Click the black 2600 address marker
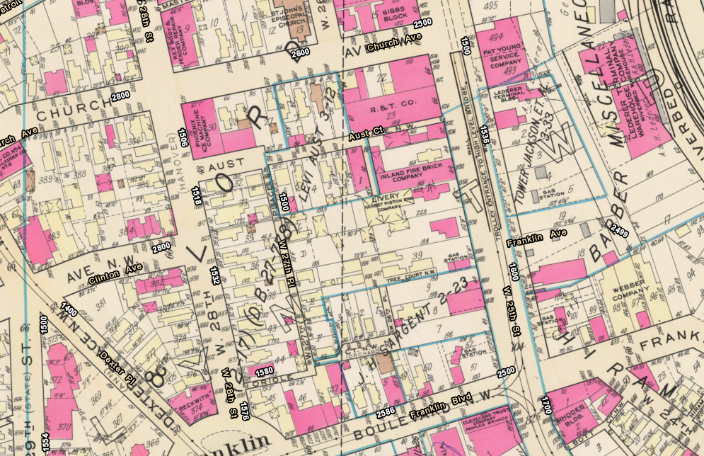click(x=299, y=53)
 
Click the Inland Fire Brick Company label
click(x=406, y=175)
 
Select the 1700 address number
click(x=546, y=406)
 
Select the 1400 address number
click(x=69, y=308)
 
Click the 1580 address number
click(x=263, y=370)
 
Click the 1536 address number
click(x=484, y=134)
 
